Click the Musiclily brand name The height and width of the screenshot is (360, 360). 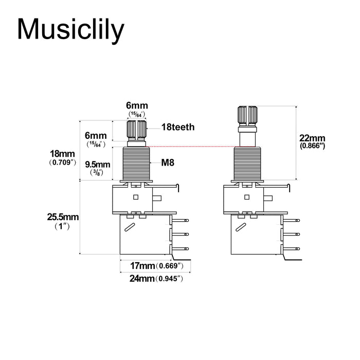70,29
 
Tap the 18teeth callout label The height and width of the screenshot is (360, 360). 178,127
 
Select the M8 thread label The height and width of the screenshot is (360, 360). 168,163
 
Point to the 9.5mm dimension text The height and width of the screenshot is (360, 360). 97,164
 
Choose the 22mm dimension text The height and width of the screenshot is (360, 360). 312,138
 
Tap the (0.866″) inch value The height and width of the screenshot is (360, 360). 312,146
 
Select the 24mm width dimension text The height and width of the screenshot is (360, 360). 142,279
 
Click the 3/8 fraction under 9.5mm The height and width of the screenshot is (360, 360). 97,173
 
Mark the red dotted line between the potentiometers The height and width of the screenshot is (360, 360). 190,147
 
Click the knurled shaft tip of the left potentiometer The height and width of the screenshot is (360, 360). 136,129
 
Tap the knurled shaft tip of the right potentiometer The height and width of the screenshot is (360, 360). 246,115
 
